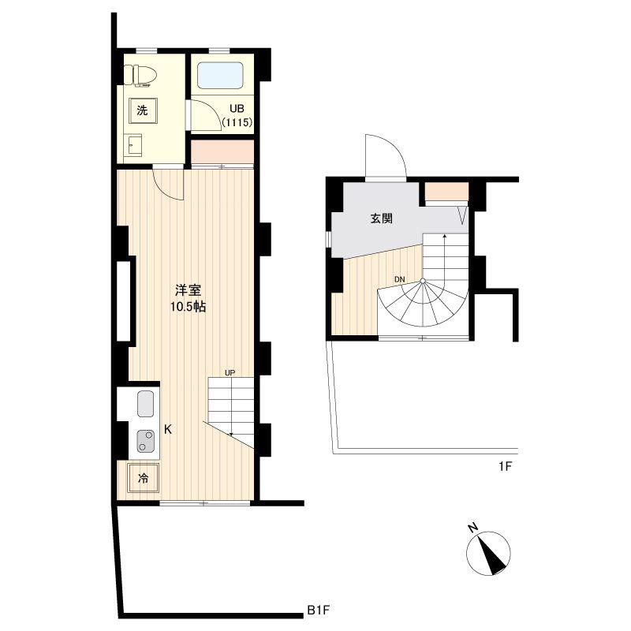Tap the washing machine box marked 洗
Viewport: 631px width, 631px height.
click(142, 110)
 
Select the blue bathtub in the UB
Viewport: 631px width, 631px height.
click(220, 76)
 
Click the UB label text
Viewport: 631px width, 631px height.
click(237, 109)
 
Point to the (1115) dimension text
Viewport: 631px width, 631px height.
click(237, 122)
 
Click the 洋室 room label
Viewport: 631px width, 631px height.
click(188, 290)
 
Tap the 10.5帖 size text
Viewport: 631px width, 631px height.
click(188, 307)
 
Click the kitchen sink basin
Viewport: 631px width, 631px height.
click(146, 404)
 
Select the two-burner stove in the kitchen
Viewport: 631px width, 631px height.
click(145, 441)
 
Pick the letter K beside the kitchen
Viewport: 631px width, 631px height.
click(168, 429)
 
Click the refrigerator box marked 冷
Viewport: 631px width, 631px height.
click(144, 478)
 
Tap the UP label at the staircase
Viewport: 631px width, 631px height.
click(230, 372)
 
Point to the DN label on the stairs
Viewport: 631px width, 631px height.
click(400, 279)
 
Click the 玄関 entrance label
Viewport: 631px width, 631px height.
click(381, 218)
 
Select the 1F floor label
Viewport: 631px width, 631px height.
click(505, 467)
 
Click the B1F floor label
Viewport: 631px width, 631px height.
click(319, 610)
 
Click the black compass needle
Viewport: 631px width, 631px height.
click(493, 555)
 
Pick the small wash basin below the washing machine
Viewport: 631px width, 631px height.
click(133, 145)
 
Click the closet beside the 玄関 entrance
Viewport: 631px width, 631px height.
click(446, 191)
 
